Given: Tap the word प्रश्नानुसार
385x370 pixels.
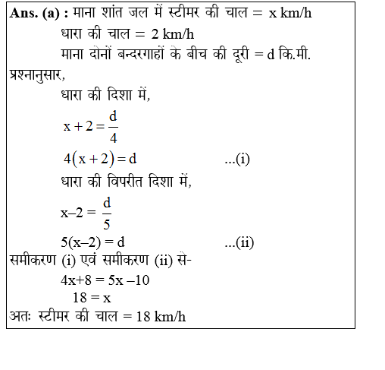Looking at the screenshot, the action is tap(34, 75).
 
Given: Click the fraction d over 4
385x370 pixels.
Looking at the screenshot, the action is tap(113, 126).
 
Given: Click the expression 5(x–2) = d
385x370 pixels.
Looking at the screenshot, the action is tap(92, 242).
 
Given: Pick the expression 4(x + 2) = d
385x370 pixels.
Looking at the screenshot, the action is tap(99, 159).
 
